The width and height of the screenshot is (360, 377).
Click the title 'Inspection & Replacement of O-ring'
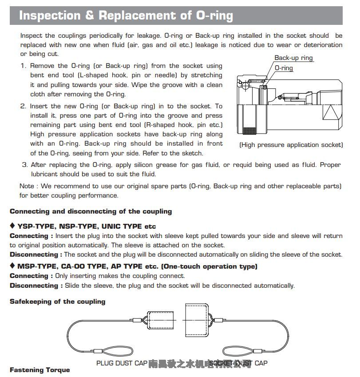coord(126,16)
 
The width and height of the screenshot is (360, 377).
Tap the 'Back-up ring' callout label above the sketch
coord(293,58)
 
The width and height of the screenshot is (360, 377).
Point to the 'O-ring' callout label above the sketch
coord(284,68)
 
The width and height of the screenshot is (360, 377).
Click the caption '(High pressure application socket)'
coord(291,145)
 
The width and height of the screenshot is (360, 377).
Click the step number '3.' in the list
coord(25,165)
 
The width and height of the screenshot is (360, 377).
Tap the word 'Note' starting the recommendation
coord(27,186)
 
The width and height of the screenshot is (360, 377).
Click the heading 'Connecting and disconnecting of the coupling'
coord(91,211)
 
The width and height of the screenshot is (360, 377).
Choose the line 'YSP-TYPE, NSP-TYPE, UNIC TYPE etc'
coord(86,226)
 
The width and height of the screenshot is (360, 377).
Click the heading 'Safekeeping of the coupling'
coord(57,302)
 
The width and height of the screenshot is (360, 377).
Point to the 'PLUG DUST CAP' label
coord(122,363)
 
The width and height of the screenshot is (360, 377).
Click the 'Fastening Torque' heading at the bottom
coord(40,370)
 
